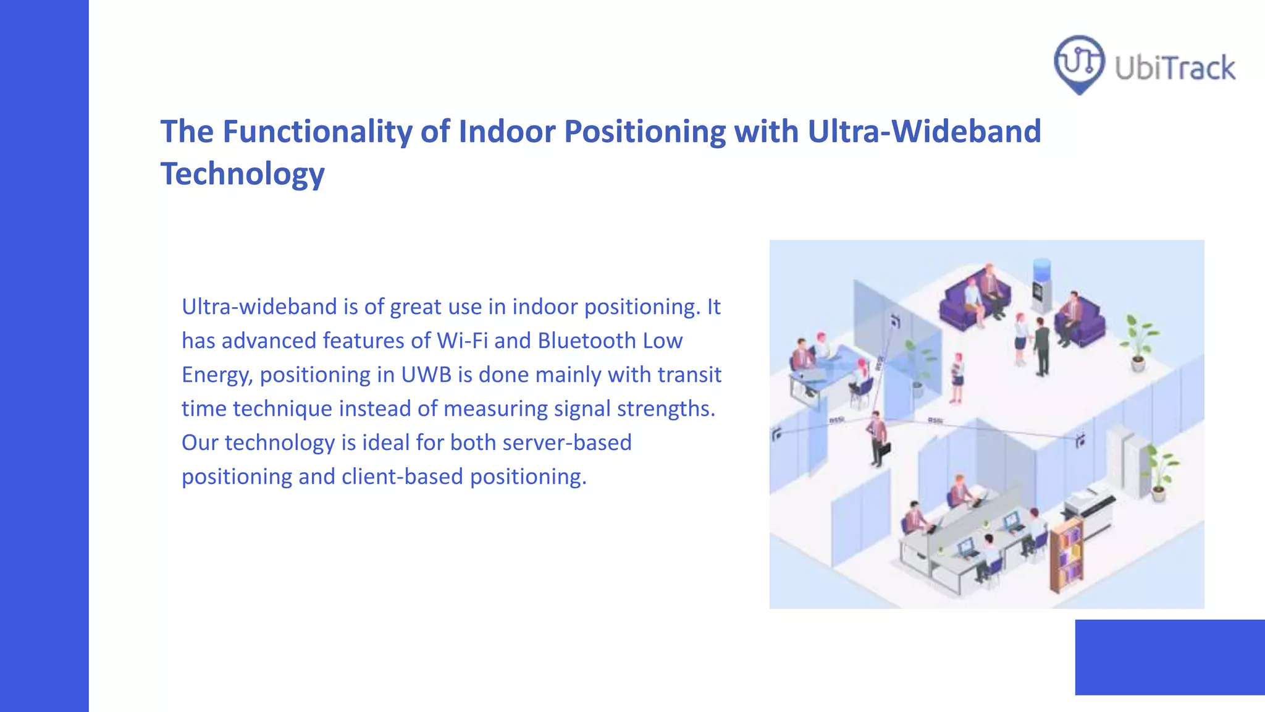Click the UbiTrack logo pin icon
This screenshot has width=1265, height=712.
1078,63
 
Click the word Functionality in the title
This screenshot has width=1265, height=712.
317,132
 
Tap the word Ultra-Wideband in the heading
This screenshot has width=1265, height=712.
924,132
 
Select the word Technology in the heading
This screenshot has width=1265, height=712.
242,174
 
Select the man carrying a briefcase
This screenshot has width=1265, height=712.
876,438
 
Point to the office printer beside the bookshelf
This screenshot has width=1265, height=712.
1090,504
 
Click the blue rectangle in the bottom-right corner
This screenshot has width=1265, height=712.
1169,657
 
